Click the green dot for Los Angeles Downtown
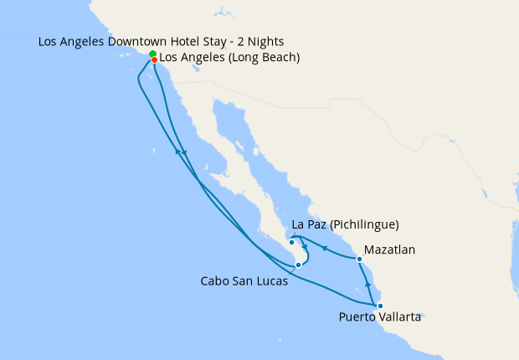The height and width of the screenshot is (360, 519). [153, 54]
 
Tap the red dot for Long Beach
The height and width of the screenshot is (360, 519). [155, 59]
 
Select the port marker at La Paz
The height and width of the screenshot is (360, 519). [291, 243]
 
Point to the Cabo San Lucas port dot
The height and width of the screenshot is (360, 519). [298, 265]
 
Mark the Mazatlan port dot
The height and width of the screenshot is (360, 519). [359, 259]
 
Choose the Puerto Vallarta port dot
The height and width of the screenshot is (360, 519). [380, 306]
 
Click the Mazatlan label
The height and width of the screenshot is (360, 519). [389, 249]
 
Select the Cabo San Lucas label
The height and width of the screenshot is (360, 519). [244, 281]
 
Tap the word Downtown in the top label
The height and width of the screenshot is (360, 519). [134, 41]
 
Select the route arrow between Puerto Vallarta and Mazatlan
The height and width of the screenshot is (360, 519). [368, 285]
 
